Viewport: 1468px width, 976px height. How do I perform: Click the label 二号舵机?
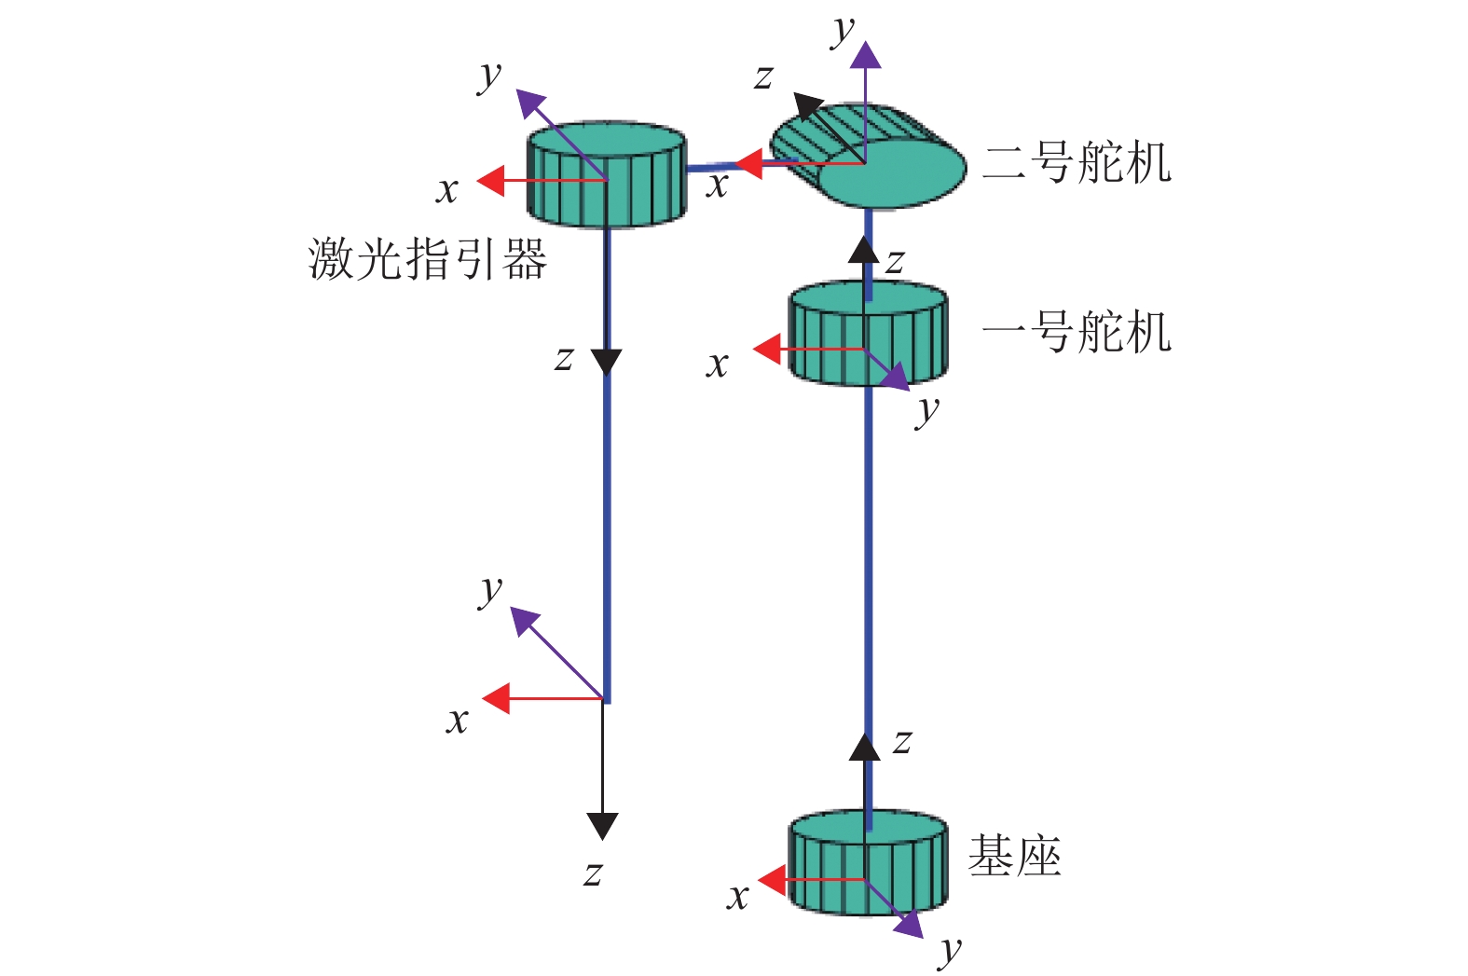1077,163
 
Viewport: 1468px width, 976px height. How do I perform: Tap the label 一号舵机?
1077,332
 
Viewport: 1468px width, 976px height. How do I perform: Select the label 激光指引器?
427,258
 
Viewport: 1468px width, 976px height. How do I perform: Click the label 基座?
1014,855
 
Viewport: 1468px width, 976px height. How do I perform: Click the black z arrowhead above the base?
865,747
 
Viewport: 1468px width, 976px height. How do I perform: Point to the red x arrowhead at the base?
772,879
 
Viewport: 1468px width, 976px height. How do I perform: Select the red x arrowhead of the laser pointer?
490,181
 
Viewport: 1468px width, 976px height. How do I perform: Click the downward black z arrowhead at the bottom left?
603,826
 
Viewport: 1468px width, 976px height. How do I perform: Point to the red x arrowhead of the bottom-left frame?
496,698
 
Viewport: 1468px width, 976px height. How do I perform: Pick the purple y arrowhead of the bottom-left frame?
524,622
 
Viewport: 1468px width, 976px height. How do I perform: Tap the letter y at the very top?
844,32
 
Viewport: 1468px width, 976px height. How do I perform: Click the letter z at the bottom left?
593,873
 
